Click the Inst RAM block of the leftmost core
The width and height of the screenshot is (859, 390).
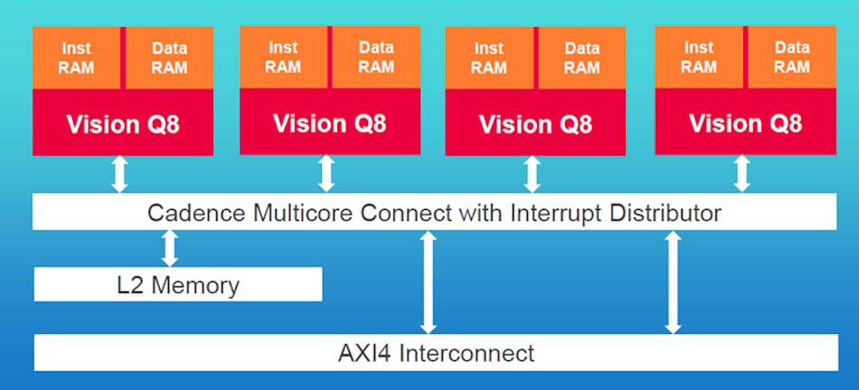click(x=78, y=58)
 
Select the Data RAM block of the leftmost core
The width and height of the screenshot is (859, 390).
click(x=169, y=58)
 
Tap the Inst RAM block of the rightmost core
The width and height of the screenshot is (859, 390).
click(x=699, y=57)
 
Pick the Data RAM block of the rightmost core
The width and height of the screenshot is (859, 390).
click(x=791, y=57)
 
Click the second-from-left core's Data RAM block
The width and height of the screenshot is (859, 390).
click(x=376, y=57)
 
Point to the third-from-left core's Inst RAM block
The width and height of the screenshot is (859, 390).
click(x=489, y=58)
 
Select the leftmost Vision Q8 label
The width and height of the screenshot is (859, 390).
click(x=123, y=124)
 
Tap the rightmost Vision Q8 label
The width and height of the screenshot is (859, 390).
click(x=745, y=123)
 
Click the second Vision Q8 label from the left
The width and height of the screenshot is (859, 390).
click(x=330, y=123)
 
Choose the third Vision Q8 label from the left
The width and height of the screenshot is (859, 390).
click(x=535, y=124)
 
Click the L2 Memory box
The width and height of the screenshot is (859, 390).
click(x=178, y=286)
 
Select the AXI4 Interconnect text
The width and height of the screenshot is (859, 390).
click(x=436, y=352)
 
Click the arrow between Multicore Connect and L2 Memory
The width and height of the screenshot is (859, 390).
click(x=169, y=248)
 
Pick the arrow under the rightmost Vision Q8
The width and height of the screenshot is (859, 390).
click(x=742, y=174)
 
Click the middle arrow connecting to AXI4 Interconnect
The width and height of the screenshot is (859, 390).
click(x=429, y=281)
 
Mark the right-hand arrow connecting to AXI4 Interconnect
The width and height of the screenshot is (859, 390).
click(x=673, y=281)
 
